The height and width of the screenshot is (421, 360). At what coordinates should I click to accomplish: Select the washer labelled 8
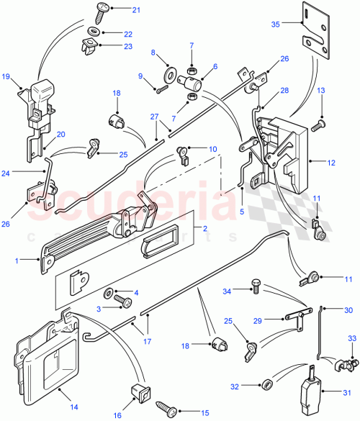pyautogui.click(x=171, y=71)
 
